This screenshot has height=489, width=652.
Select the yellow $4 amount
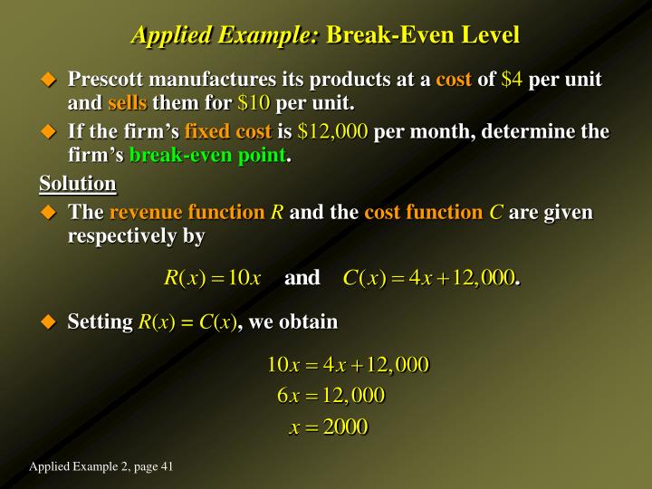point(513,80)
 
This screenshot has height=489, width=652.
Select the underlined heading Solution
point(78,184)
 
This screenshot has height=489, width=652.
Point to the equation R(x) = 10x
point(213,277)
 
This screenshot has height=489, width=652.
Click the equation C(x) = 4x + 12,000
point(429,277)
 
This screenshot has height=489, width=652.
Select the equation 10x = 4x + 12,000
point(347,365)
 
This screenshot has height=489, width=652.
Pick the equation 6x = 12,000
point(331,395)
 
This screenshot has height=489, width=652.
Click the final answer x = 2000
point(328,427)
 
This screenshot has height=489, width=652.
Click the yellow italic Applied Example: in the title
point(225,35)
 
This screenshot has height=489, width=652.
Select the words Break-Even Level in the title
point(423,35)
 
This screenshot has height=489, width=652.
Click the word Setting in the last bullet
point(100,322)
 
